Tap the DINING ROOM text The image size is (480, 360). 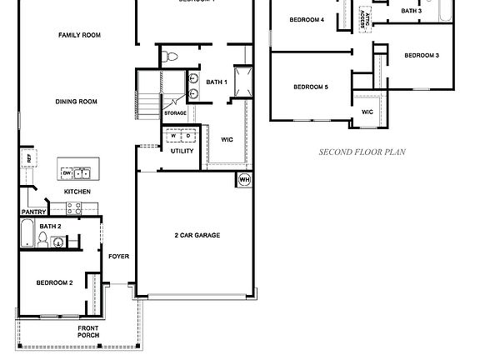pyautogui.click(x=77, y=102)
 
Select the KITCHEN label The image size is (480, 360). pyautogui.click(x=77, y=192)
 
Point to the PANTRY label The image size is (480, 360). pyautogui.click(x=32, y=212)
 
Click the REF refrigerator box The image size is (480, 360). pyautogui.click(x=28, y=157)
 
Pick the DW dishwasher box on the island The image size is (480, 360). pyautogui.click(x=66, y=173)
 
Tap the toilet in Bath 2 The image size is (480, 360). pyautogui.click(x=42, y=241)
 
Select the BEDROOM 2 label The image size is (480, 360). pyautogui.click(x=54, y=282)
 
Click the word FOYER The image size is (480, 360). pyautogui.click(x=118, y=256)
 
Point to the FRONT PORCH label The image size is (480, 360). pyautogui.click(x=88, y=332)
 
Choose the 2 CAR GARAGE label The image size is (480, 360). pyautogui.click(x=197, y=236)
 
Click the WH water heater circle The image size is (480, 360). pyautogui.click(x=244, y=179)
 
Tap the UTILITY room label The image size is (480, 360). pyautogui.click(x=182, y=151)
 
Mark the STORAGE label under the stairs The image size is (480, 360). pyautogui.click(x=175, y=112)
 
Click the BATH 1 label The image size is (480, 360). pyautogui.click(x=217, y=82)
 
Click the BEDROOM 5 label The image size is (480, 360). pyautogui.click(x=310, y=87)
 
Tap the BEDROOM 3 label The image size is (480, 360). pyautogui.click(x=422, y=55)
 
